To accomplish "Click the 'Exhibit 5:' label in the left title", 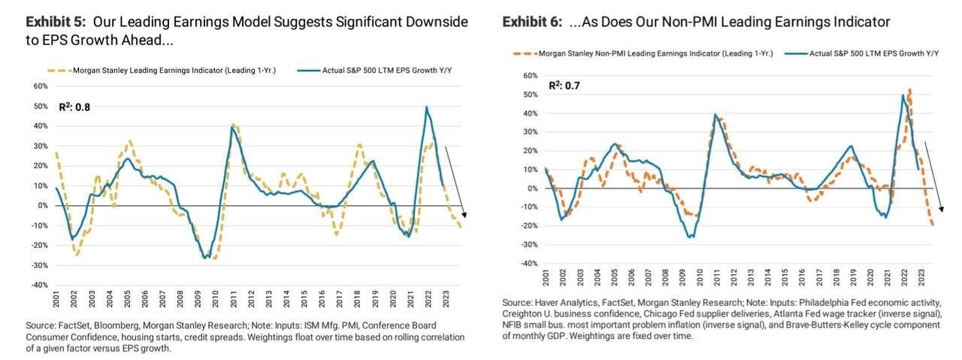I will (54, 22).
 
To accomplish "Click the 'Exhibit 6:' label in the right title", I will (531, 22).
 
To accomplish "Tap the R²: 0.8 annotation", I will (75, 107).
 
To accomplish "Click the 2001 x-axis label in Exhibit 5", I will (56, 307).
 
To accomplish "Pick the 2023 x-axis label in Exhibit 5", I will (449, 307).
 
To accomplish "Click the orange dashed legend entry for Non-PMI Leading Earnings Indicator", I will (646, 53).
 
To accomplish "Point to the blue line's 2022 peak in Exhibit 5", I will (427, 107).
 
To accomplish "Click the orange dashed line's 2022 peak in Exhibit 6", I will (910, 90).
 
